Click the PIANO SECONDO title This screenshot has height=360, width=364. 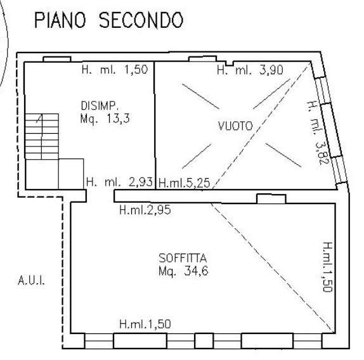tap(109, 20)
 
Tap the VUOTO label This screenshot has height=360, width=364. tap(235, 126)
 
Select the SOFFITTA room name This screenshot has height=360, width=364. tap(183, 258)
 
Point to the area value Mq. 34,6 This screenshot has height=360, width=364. tap(183, 271)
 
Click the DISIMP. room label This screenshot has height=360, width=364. tap(100, 106)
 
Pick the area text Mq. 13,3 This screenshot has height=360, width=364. tap(105, 119)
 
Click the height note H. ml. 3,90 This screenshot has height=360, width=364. tap(250, 70)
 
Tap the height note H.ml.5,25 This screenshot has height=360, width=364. tap(185, 183)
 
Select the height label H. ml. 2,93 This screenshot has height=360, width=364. tap(119, 182)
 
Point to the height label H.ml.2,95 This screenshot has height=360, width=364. tap(145, 210)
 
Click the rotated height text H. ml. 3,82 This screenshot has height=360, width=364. tap(318, 132)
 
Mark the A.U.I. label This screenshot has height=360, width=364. tap(31, 280)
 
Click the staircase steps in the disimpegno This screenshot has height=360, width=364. tap(42, 136)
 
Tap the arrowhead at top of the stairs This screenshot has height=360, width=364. tap(39, 118)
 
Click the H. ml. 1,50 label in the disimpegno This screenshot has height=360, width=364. tap(115, 69)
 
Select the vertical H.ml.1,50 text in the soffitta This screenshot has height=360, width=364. tap(328, 267)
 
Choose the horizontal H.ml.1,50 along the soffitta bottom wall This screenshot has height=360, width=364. tap(145, 324)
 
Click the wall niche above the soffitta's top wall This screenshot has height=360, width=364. tap(271, 199)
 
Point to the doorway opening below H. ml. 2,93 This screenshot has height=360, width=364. tap(100, 196)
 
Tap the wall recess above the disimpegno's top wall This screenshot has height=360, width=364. tap(57, 59)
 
